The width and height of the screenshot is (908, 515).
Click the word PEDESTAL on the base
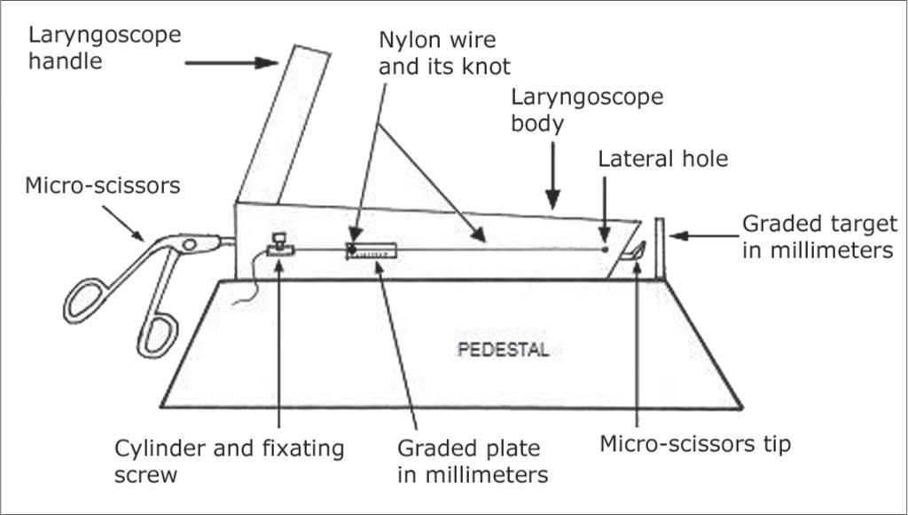point(503,349)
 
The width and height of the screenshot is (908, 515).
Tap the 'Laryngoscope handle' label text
point(105,49)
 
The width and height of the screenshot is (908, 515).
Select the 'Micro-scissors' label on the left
point(103,186)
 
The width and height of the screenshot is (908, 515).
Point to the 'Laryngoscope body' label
point(586,109)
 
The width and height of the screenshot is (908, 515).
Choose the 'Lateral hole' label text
point(662,159)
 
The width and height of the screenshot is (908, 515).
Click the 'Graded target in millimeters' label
point(818,237)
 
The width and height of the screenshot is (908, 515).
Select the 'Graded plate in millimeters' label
point(472,461)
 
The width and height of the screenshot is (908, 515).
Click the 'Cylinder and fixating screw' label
point(229,461)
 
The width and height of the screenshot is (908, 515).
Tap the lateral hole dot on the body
point(606,250)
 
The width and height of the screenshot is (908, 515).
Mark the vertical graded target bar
point(660,249)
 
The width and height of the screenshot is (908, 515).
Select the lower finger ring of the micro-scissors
point(156,333)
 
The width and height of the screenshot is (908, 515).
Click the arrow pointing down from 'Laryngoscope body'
point(552,181)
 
